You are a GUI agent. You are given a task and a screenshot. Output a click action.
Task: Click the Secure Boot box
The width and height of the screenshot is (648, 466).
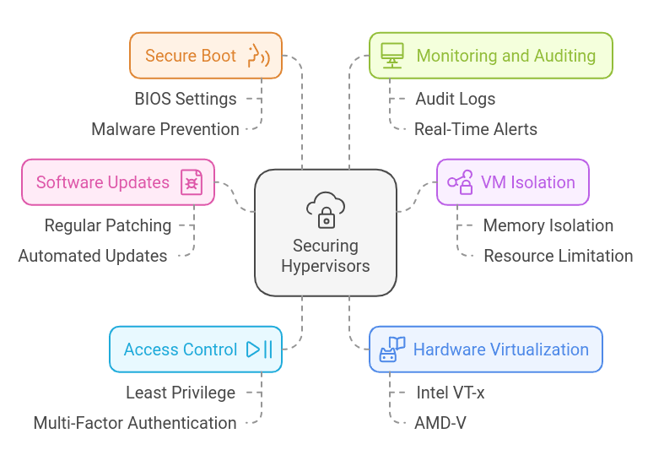(x=205, y=56)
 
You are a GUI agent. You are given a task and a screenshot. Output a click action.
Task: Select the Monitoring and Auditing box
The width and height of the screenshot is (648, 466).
(x=490, y=56)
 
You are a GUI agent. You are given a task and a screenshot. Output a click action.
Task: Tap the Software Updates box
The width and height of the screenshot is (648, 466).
(x=117, y=182)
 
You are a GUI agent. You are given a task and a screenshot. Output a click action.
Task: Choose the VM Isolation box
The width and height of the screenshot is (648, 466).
(x=512, y=182)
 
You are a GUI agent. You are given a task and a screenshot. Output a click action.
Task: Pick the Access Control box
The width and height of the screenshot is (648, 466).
(x=195, y=349)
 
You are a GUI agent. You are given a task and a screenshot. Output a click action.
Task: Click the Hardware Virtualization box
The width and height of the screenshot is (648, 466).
(x=485, y=349)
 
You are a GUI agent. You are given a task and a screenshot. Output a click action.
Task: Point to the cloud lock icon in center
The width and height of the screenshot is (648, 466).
(x=325, y=209)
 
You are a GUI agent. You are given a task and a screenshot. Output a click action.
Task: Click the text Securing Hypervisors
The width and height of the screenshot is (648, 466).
(x=325, y=256)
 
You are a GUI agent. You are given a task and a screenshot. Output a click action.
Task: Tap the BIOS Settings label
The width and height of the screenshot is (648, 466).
(x=186, y=99)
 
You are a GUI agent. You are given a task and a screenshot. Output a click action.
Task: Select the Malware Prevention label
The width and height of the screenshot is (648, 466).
(x=165, y=129)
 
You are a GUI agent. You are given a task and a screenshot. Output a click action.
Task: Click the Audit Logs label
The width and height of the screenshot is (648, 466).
(x=455, y=99)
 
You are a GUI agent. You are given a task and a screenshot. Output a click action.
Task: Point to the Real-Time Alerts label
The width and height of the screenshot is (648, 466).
(x=475, y=129)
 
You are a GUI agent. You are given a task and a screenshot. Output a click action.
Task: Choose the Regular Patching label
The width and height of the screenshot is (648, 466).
(x=108, y=225)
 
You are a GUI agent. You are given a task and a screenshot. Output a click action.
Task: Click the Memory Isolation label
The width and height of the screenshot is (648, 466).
(x=548, y=225)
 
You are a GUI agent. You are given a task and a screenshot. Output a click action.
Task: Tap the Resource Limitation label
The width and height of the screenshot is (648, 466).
(x=558, y=256)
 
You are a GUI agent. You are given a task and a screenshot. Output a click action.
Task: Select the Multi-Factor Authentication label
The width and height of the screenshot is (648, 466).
(x=135, y=423)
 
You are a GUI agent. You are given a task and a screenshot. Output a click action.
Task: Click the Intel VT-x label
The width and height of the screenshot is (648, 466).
(x=451, y=393)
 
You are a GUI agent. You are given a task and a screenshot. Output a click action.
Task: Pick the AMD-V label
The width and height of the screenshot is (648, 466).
(x=440, y=423)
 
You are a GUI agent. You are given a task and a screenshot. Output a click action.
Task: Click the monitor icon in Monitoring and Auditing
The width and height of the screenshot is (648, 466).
(x=392, y=55)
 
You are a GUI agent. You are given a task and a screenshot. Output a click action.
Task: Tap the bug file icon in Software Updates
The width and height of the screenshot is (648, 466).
(x=192, y=182)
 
